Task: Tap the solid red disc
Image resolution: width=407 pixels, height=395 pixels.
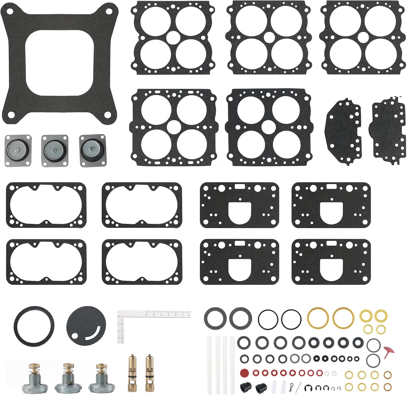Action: [x=244, y=372]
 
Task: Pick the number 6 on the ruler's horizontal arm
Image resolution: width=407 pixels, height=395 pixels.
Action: [x=147, y=315]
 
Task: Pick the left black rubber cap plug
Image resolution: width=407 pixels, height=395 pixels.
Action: [x=244, y=386]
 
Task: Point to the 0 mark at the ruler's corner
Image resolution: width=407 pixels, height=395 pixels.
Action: [x=120, y=316]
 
